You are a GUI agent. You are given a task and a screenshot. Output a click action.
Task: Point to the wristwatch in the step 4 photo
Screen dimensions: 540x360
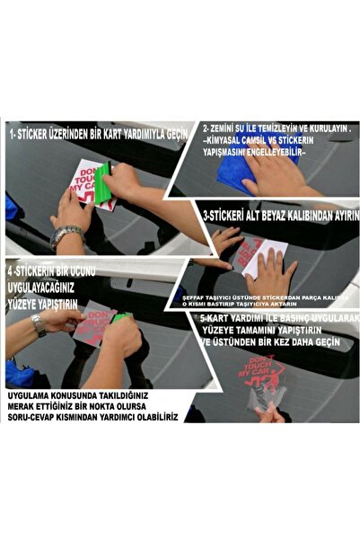coord(38,324)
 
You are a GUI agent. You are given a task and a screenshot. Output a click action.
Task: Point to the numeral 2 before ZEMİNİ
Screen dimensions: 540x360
coord(206,128)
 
